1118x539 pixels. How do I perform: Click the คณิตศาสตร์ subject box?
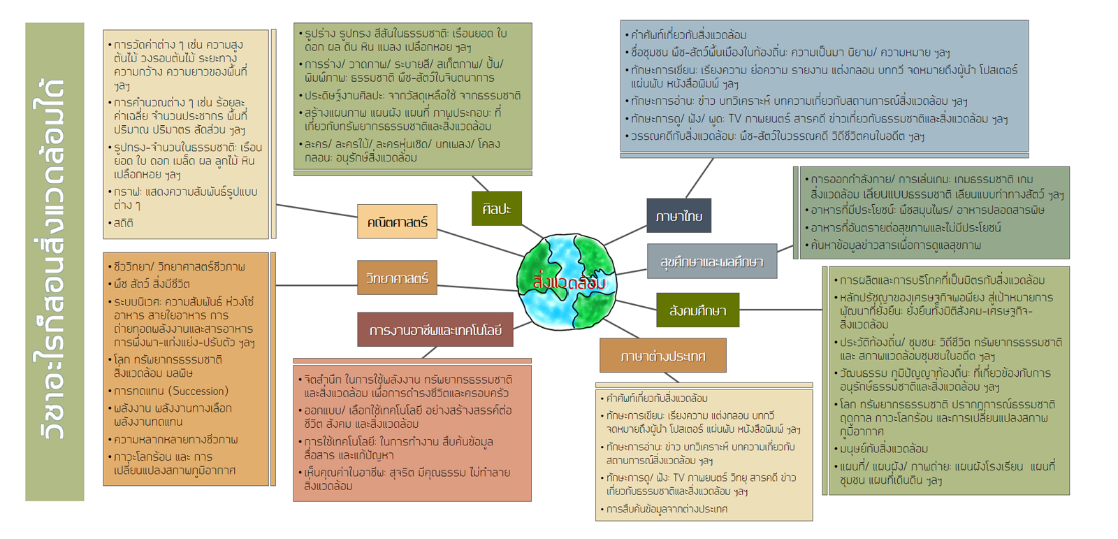397,222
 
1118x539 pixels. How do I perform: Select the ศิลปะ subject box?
496,208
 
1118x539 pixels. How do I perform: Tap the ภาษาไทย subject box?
678,216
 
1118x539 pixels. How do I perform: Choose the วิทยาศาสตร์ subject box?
397,278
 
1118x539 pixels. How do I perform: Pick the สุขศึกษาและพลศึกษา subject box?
711,261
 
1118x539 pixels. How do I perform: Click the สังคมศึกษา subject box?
697,310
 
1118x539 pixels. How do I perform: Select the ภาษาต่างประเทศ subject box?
662,356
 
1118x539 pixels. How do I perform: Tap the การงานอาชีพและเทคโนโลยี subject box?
435,330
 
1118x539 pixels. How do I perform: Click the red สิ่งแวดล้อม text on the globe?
569,283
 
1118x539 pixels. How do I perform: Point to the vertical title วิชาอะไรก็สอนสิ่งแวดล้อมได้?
55,261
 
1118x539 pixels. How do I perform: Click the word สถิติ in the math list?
124,223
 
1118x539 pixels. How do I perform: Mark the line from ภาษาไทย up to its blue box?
699,178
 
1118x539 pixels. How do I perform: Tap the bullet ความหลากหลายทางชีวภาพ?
175,440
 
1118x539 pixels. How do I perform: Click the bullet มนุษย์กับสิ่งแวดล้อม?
883,449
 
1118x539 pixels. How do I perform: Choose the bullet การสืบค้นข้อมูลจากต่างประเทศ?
667,509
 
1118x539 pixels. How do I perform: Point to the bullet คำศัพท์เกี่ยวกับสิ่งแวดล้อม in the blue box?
688,35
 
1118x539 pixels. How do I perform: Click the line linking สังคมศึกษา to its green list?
781,309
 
